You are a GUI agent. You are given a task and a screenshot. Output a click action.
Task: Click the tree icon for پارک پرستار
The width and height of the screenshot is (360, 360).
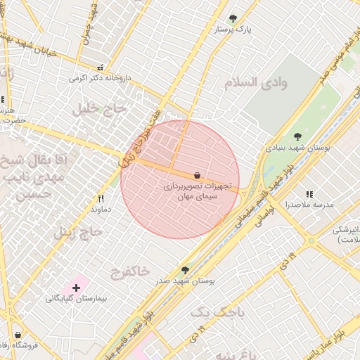pyautogui.click(x=233, y=18)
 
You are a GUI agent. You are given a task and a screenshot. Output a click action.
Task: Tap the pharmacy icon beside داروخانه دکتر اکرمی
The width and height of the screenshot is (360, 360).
pyautogui.click(x=101, y=67)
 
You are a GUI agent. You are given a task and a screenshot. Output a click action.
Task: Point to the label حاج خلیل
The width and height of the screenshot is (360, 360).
pyautogui.click(x=98, y=108)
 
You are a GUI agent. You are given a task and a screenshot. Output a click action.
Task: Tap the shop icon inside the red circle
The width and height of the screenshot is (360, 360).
pyautogui.click(x=197, y=174)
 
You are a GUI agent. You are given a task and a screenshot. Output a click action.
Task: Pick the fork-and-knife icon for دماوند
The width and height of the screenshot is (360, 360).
pyautogui.click(x=101, y=198)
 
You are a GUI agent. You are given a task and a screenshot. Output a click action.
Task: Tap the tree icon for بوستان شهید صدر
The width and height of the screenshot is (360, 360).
pyautogui.click(x=185, y=269)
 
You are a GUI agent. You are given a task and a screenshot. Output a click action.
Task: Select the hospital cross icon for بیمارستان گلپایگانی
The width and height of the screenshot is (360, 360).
pyautogui.click(x=76, y=288)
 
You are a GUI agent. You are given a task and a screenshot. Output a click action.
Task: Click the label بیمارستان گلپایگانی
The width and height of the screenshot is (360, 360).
pyautogui.click(x=76, y=299)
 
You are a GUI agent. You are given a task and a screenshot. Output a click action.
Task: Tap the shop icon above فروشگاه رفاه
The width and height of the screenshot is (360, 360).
pyautogui.click(x=18, y=335)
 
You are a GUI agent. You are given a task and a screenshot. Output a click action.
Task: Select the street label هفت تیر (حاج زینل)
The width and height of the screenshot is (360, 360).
pyautogui.click(x=136, y=141)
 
